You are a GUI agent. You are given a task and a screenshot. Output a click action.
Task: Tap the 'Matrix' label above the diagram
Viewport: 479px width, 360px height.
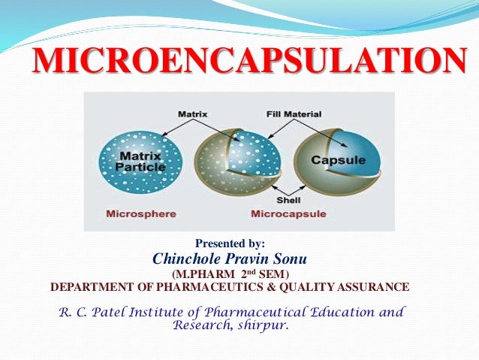click(x=193, y=114)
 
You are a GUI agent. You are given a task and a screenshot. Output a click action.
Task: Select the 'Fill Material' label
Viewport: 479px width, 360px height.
click(x=294, y=114)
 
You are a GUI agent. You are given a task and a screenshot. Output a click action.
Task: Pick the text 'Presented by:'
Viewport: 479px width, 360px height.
click(x=230, y=244)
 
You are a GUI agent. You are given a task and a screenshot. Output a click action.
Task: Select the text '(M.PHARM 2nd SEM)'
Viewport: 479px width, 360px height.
click(x=230, y=274)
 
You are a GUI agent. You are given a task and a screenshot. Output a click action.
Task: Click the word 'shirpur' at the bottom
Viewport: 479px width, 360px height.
click(x=259, y=325)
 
